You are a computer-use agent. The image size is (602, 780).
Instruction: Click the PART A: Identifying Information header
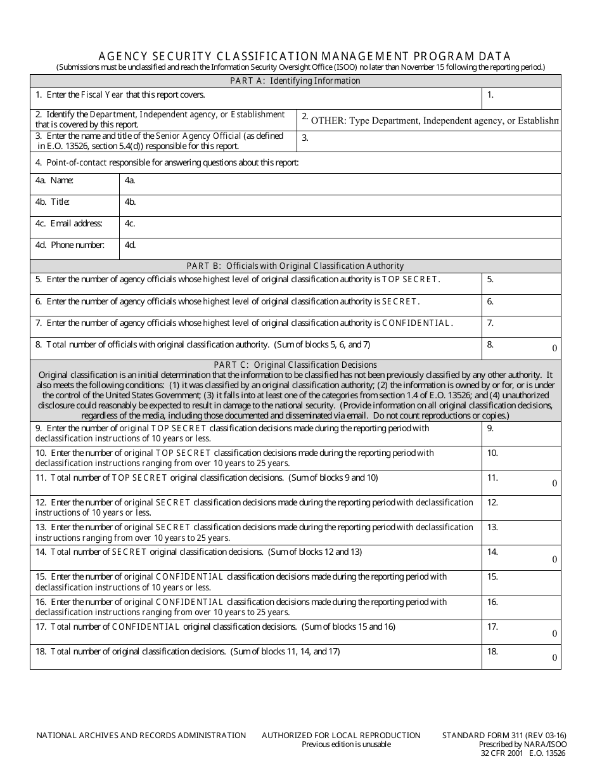pyautogui.click(x=295, y=81)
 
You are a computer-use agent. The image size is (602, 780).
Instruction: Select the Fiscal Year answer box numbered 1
pyautogui.click(x=522, y=98)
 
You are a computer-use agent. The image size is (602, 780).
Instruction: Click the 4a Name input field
pyautogui.click(x=340, y=184)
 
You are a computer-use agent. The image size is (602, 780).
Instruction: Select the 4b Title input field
pyautogui.click(x=340, y=205)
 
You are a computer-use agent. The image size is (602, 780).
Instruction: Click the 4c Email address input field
pyautogui.click(x=340, y=227)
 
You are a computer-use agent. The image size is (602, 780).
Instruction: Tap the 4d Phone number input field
pyautogui.click(x=340, y=249)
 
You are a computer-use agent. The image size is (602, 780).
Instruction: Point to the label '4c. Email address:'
pyautogui.click(x=69, y=224)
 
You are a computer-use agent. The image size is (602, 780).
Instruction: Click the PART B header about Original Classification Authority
pyautogui.click(x=295, y=266)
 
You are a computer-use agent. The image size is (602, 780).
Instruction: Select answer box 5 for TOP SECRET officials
pyautogui.click(x=522, y=283)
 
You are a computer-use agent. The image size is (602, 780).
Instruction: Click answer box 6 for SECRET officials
pyautogui.click(x=522, y=305)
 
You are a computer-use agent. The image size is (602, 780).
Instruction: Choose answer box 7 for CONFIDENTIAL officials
pyautogui.click(x=522, y=327)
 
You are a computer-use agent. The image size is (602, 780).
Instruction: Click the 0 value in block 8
pyautogui.click(x=554, y=348)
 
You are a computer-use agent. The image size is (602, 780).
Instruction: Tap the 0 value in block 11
pyautogui.click(x=554, y=483)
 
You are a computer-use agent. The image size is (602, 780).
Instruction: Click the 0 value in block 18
pyautogui.click(x=554, y=658)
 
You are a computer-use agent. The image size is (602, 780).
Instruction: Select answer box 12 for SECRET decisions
pyautogui.click(x=522, y=508)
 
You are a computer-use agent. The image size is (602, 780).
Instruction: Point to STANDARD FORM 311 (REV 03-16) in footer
pyautogui.click(x=504, y=736)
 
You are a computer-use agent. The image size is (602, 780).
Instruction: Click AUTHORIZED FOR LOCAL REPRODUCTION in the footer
pyautogui.click(x=341, y=736)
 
